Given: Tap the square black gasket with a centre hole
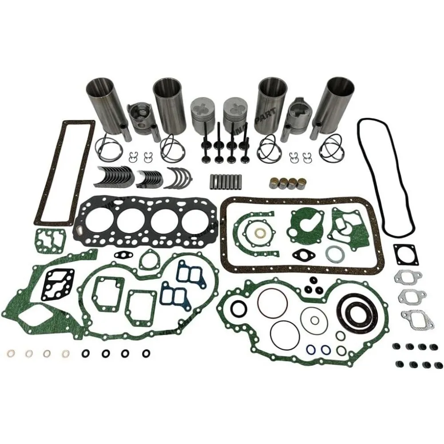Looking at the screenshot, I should tap(404, 255).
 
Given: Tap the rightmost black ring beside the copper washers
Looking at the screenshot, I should tap(146, 354).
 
